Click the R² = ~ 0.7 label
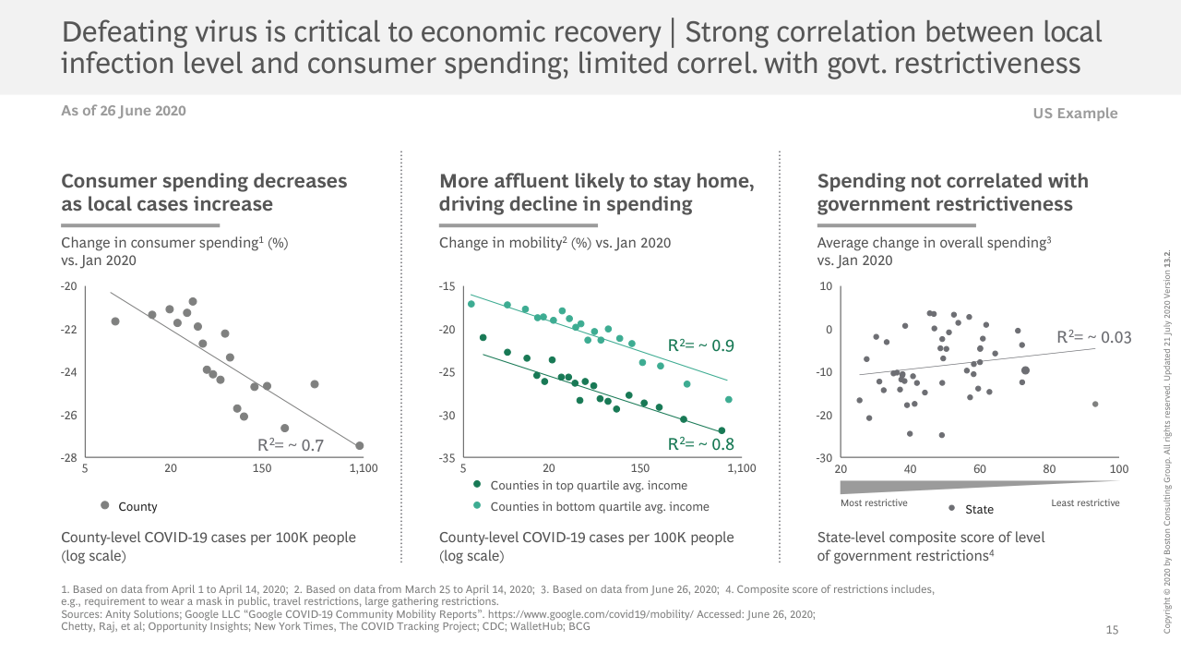click(291, 445)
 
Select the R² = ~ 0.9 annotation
click(701, 345)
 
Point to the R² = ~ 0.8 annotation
click(701, 444)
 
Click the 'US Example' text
click(1076, 114)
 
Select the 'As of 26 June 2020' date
click(124, 111)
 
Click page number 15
click(1112, 630)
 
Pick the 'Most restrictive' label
click(874, 503)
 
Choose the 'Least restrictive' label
click(1085, 503)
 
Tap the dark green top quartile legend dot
click(476, 484)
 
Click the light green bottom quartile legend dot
click(476, 505)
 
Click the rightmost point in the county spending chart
click(359, 445)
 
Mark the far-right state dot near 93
click(1095, 404)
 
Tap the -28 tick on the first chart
click(68, 458)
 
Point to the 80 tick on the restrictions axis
click(1049, 468)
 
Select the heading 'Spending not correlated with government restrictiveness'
click(953, 192)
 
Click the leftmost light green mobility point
click(471, 304)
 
